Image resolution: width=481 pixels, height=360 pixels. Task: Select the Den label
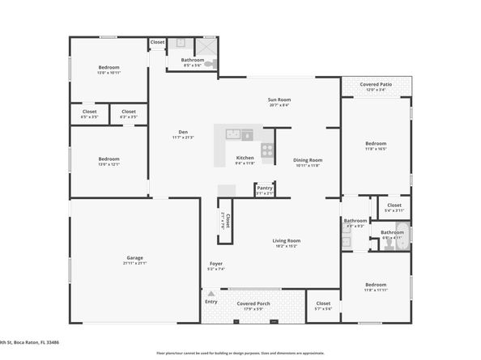[183, 134]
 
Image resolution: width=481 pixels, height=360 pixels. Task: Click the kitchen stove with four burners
[268, 149]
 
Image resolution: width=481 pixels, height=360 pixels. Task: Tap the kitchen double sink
[236, 134]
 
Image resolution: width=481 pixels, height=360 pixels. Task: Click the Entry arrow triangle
[211, 294]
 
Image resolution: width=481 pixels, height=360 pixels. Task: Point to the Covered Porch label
[253, 305]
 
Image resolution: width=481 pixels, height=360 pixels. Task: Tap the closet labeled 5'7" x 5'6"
[322, 305]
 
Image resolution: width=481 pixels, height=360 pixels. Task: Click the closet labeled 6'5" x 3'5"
[89, 113]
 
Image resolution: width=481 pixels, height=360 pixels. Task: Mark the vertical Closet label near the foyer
[227, 221]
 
